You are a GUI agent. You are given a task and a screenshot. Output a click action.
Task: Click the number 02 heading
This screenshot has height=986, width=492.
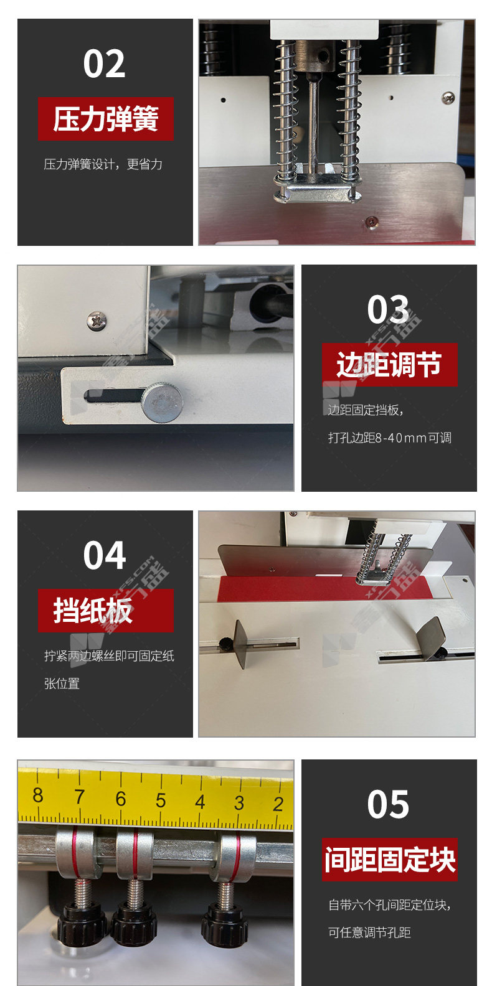click(105, 64)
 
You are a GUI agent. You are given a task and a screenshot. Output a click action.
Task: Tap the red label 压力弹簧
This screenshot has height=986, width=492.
click(106, 119)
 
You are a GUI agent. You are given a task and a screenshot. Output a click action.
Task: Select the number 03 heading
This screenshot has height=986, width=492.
click(388, 309)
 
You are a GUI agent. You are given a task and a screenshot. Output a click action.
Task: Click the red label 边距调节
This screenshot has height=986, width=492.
click(389, 365)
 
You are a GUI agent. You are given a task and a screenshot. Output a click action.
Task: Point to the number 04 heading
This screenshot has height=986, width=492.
click(105, 555)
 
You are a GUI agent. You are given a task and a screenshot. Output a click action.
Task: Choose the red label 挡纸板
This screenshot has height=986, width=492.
click(106, 611)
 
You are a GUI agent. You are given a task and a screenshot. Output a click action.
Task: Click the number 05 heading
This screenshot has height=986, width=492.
click(388, 804)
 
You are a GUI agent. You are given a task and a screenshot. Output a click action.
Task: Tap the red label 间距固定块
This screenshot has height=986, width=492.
click(389, 860)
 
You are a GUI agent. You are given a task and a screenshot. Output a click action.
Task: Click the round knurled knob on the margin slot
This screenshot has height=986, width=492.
click(163, 402)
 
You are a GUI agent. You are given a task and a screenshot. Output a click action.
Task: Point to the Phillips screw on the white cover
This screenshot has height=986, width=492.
click(97, 321)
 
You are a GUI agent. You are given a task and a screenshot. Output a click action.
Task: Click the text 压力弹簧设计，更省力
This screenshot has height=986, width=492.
click(103, 164)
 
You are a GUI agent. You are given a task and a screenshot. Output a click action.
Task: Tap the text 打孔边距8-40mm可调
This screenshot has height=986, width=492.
click(389, 438)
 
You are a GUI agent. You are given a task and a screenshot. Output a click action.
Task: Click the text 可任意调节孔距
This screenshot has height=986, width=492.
click(369, 932)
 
